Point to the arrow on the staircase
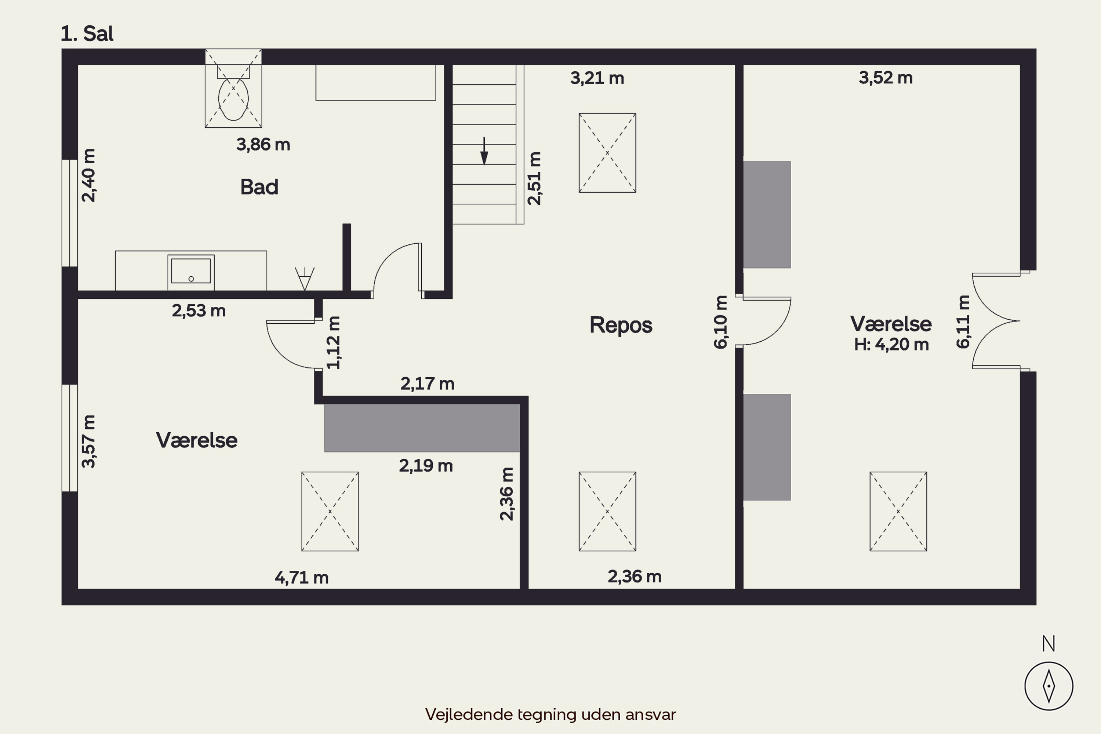(484, 151)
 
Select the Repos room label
(621, 325)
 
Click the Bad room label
(259, 187)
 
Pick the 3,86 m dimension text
(263, 145)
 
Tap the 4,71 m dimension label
(301, 578)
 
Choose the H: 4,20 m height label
(891, 345)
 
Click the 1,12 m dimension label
(333, 343)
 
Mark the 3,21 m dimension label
(597, 78)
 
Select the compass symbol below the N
(1049, 686)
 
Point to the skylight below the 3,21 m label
(607, 153)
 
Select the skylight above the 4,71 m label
(330, 511)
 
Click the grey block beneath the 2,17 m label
(422, 428)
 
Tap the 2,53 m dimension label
(199, 311)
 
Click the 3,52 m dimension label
(886, 78)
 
